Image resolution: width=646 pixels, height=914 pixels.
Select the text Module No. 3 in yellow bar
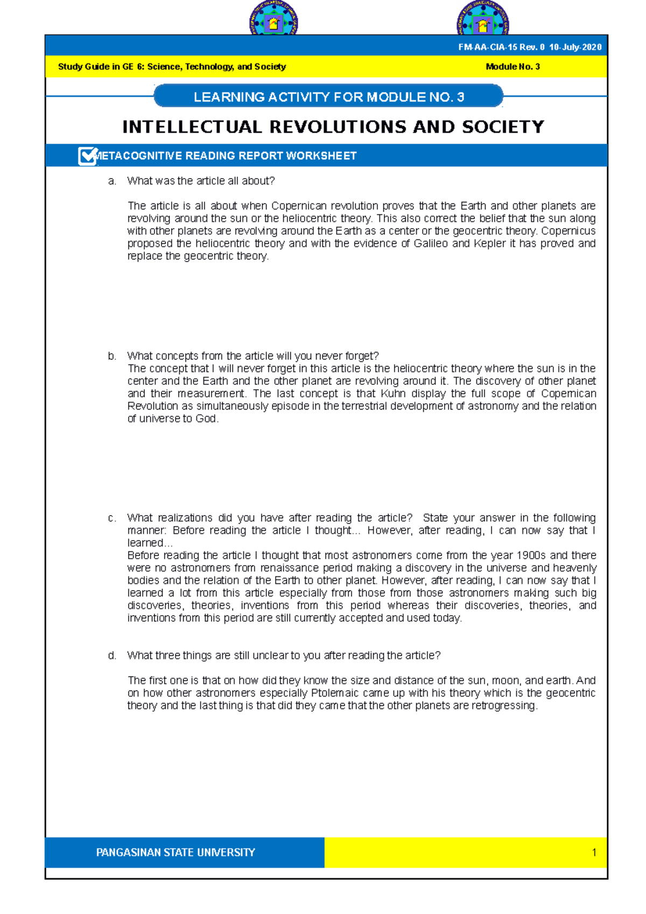coord(512,67)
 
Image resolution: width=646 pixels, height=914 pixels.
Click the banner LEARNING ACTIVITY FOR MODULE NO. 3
coord(328,97)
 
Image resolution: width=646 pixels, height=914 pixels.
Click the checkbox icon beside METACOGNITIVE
coord(87,156)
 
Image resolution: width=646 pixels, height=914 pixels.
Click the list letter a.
coord(112,181)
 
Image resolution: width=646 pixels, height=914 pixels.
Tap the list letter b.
coord(112,356)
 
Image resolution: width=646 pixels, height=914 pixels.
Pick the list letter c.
coord(112,518)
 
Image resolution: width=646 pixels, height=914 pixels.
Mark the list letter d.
coord(112,656)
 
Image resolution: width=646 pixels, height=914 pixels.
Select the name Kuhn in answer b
coord(393,394)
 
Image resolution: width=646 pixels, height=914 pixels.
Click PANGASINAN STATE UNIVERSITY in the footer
coord(175,853)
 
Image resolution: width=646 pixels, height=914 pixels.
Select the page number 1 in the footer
coord(594,853)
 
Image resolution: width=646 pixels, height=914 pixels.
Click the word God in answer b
coord(206,419)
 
